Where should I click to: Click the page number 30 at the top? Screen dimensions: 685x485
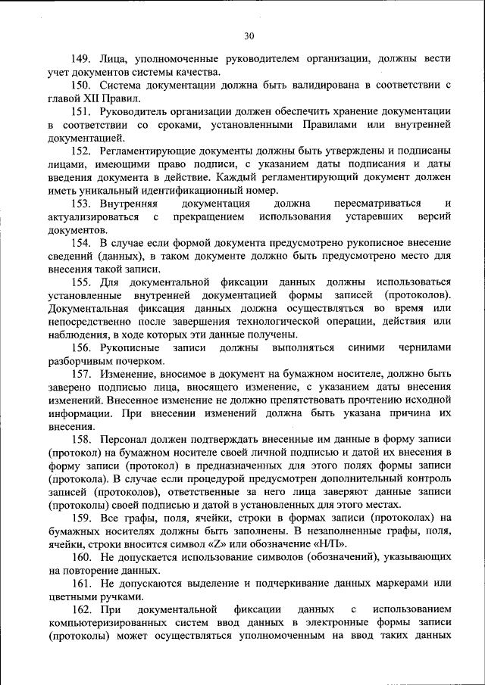click(249, 36)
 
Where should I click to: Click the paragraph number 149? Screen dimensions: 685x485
click(82, 58)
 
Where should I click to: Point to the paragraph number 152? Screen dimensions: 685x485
click(82, 151)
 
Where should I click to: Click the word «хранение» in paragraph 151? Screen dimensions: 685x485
click(358, 111)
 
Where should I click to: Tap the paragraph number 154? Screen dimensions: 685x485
click(82, 243)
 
